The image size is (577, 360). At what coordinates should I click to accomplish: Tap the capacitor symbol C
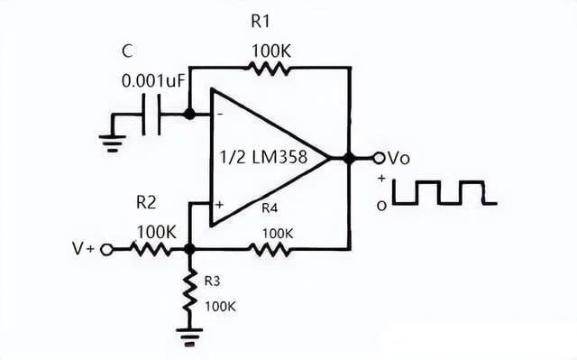click(x=154, y=115)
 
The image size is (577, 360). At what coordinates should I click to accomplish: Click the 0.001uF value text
click(x=153, y=81)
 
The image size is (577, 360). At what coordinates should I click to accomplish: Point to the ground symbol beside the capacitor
click(x=114, y=135)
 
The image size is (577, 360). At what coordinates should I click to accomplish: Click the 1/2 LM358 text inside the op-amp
click(x=261, y=157)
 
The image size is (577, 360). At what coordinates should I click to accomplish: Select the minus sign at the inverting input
click(x=219, y=115)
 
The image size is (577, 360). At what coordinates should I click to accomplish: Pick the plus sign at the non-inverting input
click(x=219, y=206)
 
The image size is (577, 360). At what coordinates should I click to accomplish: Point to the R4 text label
click(x=270, y=208)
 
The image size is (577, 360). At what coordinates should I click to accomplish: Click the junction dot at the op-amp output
click(x=348, y=158)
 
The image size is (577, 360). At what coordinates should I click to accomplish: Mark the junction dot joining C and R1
click(x=188, y=115)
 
